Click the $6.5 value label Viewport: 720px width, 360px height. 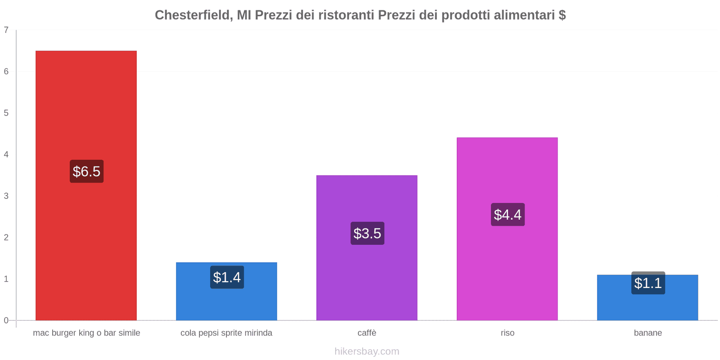coord(86,171)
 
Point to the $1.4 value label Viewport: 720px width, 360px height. coord(227,277)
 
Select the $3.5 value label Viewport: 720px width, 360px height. coord(367,234)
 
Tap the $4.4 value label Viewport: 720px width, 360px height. coord(508,215)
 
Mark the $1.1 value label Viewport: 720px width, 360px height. coord(648,283)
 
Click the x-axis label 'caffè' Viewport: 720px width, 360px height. coord(367,333)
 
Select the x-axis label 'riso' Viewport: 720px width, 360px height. coord(507,333)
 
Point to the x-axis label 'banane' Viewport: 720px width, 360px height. coord(648,333)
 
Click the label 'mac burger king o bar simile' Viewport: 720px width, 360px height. coord(86,333)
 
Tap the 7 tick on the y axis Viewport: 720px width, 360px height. coord(6,30)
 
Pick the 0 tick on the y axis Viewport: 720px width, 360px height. coord(6,320)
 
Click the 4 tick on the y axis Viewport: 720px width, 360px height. coord(6,154)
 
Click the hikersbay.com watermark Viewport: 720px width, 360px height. coord(367,351)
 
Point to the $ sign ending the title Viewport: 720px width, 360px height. coord(562,15)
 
